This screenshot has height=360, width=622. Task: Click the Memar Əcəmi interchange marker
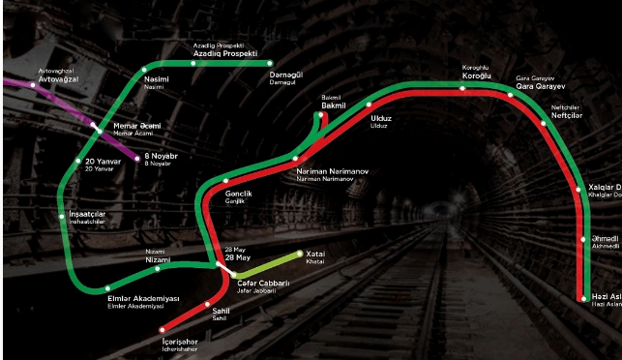tap(95, 127)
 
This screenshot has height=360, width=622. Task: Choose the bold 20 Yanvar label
tap(101, 161)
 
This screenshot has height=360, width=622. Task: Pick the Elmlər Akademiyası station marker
tap(107, 287)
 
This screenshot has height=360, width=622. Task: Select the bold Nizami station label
tap(156, 260)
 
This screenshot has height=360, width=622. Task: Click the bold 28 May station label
tap(237, 257)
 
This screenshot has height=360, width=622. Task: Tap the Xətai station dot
tap(300, 253)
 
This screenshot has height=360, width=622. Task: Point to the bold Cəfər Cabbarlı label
tap(262, 284)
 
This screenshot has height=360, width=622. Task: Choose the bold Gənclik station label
tap(238, 194)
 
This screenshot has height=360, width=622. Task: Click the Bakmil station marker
tap(320, 114)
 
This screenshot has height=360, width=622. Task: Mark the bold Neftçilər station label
tap(567, 115)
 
